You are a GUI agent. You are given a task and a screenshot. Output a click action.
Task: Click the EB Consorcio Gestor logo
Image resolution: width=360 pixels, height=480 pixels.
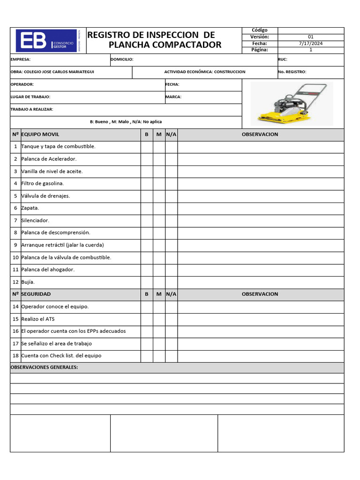click(x=46, y=40)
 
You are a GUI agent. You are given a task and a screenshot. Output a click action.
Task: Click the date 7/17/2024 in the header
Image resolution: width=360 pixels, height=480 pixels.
click(x=310, y=43)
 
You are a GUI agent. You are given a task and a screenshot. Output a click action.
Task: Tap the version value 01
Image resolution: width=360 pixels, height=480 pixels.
click(x=310, y=37)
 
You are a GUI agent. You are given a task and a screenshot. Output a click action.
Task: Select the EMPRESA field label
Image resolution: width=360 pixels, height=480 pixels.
click(x=21, y=60)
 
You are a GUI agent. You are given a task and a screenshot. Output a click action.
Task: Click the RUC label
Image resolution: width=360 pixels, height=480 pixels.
click(x=283, y=60)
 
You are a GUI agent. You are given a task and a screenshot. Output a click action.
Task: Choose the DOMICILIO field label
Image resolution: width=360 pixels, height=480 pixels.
click(x=122, y=60)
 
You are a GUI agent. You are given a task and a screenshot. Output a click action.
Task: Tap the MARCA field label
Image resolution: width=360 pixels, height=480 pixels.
click(x=173, y=97)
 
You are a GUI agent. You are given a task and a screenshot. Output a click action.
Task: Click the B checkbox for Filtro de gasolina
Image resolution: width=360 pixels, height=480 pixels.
click(x=147, y=184)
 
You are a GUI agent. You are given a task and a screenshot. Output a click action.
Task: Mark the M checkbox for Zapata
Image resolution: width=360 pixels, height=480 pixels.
click(x=159, y=208)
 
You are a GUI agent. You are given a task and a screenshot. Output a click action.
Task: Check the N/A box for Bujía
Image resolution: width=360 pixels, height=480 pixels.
click(x=171, y=282)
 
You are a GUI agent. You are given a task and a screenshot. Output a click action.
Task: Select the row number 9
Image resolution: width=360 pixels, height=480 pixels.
click(x=15, y=245)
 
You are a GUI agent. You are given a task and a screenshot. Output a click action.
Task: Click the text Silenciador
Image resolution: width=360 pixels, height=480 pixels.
click(x=35, y=220)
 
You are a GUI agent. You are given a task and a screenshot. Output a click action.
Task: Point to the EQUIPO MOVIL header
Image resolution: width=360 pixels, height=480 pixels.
click(x=40, y=135)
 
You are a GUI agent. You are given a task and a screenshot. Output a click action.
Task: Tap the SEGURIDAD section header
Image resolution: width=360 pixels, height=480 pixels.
click(x=36, y=294)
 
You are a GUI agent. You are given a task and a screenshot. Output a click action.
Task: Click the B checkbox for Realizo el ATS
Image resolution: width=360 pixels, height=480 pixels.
click(x=147, y=319)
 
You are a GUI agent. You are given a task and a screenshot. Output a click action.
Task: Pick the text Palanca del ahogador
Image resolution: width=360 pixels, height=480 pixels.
click(x=48, y=270)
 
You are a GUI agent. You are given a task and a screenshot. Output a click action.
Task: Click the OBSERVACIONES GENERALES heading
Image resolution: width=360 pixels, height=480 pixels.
click(x=44, y=367)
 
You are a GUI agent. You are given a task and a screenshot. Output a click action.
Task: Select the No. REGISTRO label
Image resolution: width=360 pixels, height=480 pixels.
click(x=292, y=72)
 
